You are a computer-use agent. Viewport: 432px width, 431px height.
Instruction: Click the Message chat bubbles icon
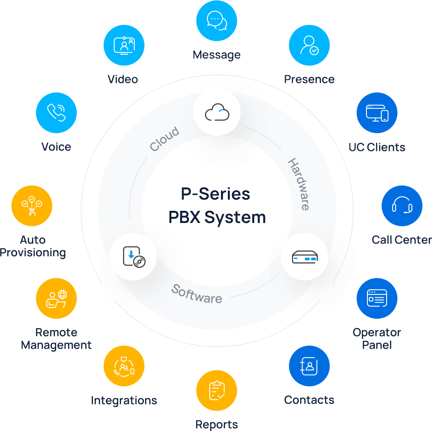216,21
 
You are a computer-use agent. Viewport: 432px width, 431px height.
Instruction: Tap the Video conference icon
124,45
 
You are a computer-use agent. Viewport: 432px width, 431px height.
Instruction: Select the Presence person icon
309,45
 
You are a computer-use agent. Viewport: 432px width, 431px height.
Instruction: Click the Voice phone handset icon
56,113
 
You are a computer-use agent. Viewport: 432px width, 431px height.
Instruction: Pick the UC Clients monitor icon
377,113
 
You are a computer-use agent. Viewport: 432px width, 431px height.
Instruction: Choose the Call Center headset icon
402,206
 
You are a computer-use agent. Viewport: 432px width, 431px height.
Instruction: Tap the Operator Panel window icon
377,298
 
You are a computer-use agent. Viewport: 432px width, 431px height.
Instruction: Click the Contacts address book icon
309,366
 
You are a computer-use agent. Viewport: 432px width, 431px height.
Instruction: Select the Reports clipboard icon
216,391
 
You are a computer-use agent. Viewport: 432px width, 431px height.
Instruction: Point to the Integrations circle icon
124,366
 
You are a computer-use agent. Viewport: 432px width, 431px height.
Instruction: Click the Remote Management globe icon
56,298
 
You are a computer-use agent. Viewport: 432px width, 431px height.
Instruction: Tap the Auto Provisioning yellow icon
32,206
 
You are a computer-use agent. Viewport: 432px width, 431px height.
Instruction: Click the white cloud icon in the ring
217,113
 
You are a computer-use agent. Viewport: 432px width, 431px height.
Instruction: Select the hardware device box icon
304,257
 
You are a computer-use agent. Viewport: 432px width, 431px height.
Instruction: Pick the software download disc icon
133,257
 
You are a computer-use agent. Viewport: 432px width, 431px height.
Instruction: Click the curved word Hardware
299,184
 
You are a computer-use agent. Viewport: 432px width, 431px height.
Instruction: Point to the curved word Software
197,294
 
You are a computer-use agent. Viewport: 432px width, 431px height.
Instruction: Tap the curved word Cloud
164,139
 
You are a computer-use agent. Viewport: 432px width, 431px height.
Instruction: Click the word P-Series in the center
216,194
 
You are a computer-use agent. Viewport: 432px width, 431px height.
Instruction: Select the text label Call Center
402,240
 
